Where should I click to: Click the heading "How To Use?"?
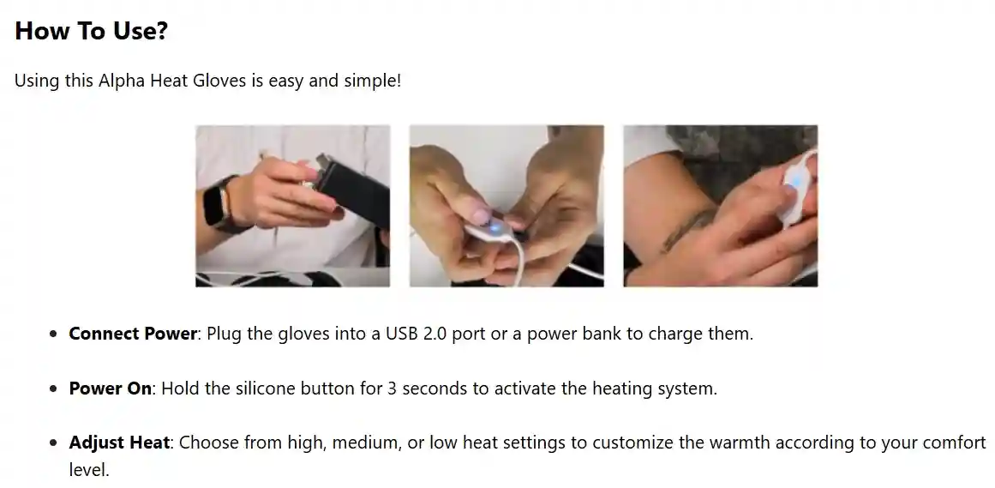pos(91,31)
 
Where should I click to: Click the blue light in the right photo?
pos(795,181)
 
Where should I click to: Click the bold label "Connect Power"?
pos(133,334)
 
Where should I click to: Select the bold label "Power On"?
pos(110,389)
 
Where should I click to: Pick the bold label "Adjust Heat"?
pos(120,443)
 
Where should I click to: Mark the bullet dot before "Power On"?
pos(54,389)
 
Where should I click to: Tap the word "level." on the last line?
pos(89,470)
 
